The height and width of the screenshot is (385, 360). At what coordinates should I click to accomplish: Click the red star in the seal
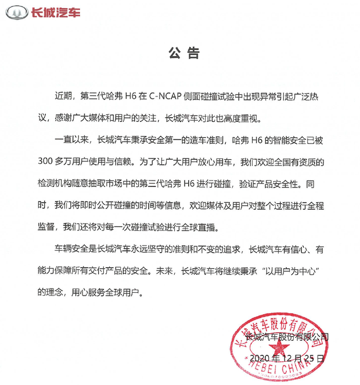pos(277,351)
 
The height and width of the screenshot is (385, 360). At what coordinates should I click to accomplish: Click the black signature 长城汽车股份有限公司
pos(287,337)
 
